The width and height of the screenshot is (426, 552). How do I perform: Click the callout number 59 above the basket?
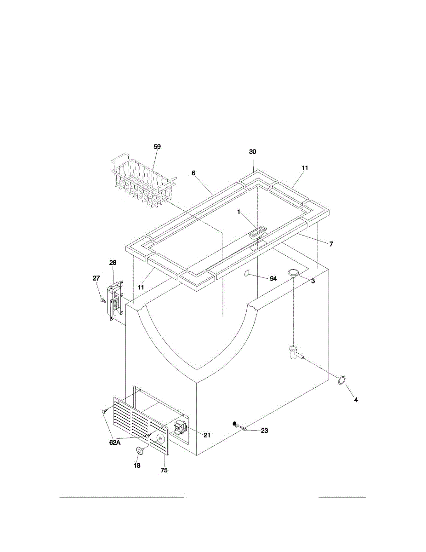click(x=157, y=147)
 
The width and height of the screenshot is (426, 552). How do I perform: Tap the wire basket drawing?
click(x=143, y=180)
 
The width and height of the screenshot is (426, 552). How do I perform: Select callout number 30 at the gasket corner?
click(x=252, y=152)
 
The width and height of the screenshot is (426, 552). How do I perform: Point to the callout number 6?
click(x=193, y=173)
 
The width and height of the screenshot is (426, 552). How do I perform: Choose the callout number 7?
click(x=331, y=244)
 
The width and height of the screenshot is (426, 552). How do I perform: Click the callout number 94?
click(x=273, y=279)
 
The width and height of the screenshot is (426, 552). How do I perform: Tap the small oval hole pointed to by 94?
click(x=247, y=273)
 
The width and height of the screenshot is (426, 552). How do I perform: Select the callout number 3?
click(x=313, y=281)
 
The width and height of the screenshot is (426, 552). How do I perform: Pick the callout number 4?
click(x=356, y=400)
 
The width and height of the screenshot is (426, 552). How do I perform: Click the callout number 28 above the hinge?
click(x=113, y=263)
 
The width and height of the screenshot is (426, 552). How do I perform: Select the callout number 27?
click(x=96, y=278)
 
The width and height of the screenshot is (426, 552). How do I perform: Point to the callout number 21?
click(x=207, y=435)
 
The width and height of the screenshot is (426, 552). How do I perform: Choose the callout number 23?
click(x=264, y=431)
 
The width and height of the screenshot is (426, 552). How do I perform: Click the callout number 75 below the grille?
click(x=164, y=470)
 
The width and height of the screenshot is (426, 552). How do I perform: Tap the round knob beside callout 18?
click(x=140, y=450)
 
